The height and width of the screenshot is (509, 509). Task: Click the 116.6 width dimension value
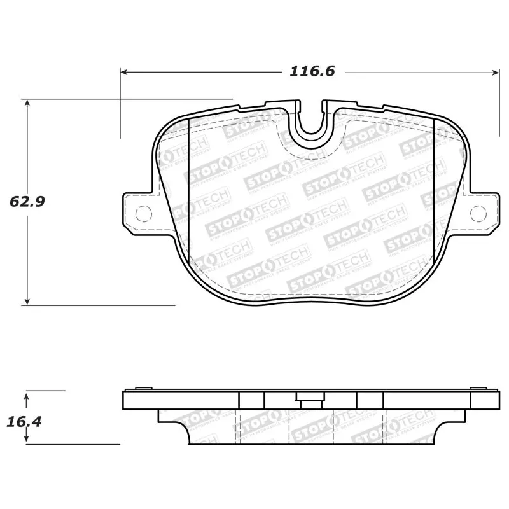(312, 72)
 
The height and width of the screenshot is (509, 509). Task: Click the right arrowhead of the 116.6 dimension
(496, 72)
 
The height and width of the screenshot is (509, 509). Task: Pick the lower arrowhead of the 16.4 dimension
(27, 440)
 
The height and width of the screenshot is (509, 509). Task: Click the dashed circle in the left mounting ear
(143, 214)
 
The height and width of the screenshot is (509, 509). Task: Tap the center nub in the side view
(310, 401)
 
